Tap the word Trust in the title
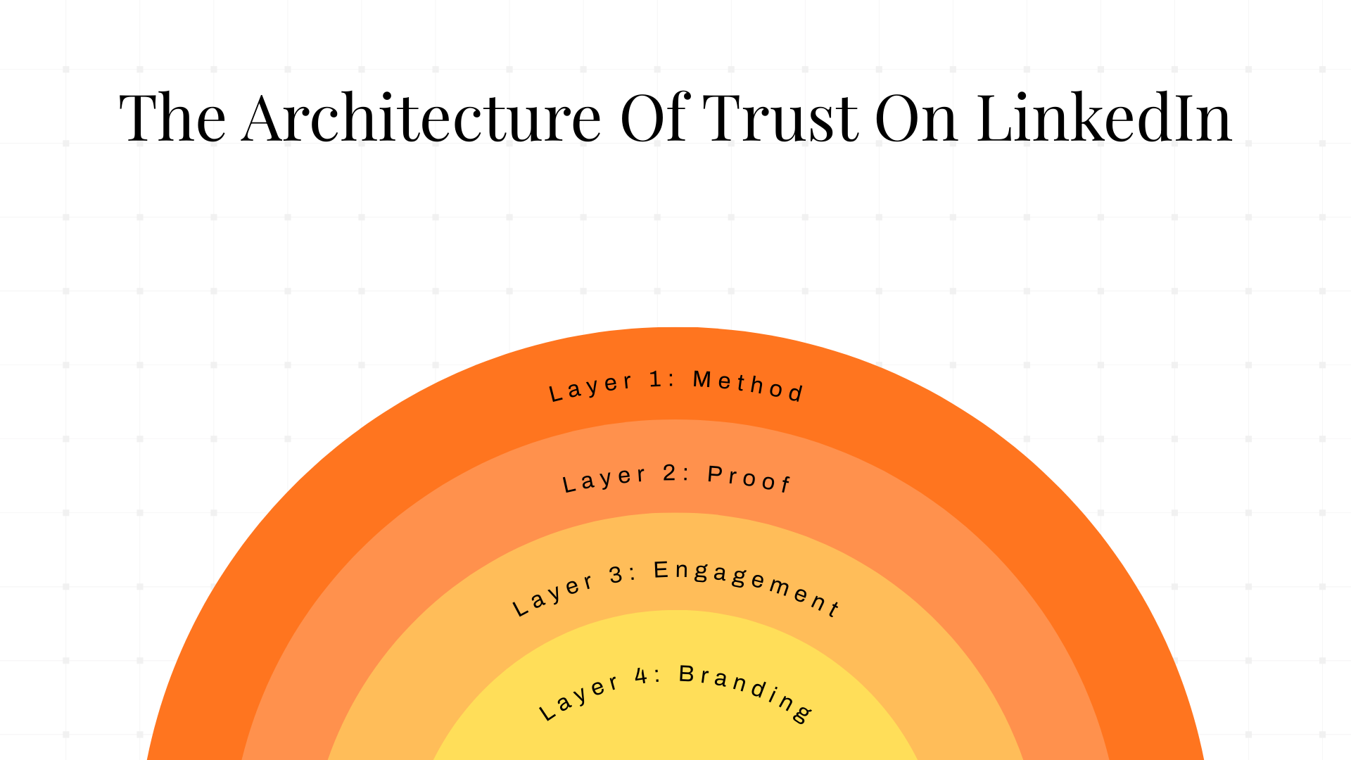780,118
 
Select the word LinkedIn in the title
1104,118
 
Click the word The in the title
172,118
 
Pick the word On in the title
916,118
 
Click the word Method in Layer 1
748,386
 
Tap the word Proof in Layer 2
749,479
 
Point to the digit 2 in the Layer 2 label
669,473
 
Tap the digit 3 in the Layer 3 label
616,575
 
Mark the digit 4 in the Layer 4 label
641,676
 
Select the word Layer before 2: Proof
604,480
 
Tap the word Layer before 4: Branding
579,697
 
